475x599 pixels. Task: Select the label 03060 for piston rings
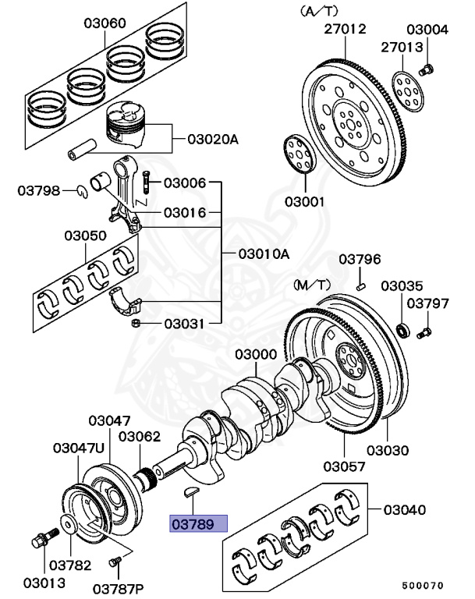pyautogui.click(x=105, y=23)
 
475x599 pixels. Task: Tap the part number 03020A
pyautogui.click(x=212, y=140)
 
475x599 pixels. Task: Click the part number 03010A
pyautogui.click(x=264, y=253)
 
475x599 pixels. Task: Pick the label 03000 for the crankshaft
pyautogui.click(x=255, y=355)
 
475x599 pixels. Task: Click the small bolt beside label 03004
pyautogui.click(x=426, y=71)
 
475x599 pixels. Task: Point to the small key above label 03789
pyautogui.click(x=193, y=491)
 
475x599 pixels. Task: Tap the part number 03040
pyautogui.click(x=403, y=510)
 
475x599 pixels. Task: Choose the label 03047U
pyautogui.click(x=78, y=448)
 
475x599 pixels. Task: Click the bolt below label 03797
pyautogui.click(x=424, y=333)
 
